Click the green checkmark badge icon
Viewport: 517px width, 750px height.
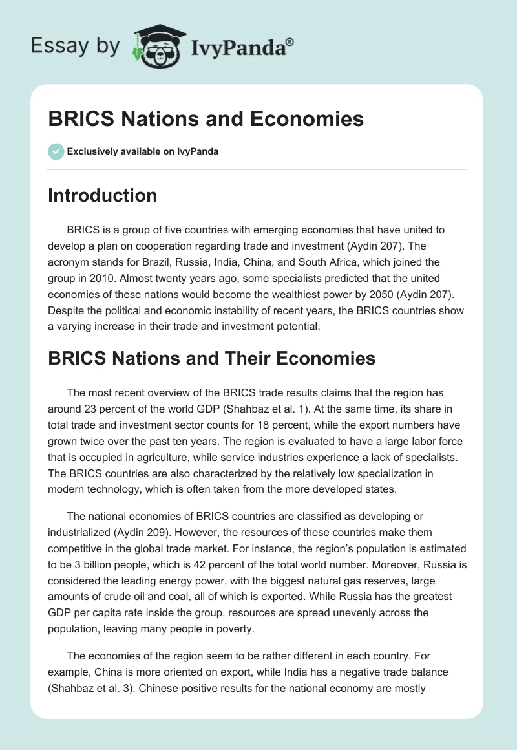pos(56,151)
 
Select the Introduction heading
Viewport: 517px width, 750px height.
pos(102,195)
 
